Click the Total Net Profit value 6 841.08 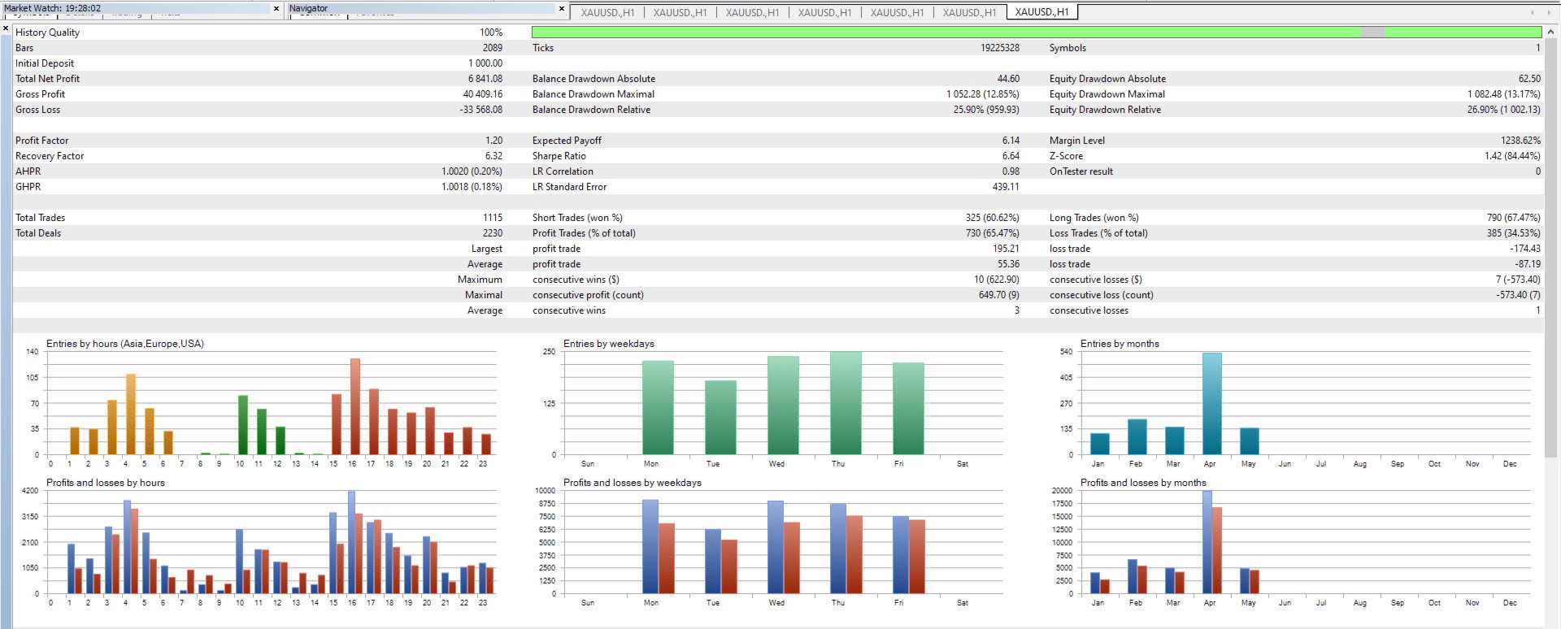pyautogui.click(x=485, y=79)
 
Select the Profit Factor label pyautogui.click(x=42, y=141)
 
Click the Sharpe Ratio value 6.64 pyautogui.click(x=1010, y=156)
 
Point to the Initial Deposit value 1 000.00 pyautogui.click(x=485, y=63)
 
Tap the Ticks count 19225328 pyautogui.click(x=999, y=48)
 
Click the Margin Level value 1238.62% pyautogui.click(x=1520, y=141)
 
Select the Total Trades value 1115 pyautogui.click(x=492, y=218)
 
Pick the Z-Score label pyautogui.click(x=1065, y=156)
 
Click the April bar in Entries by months pyautogui.click(x=1211, y=404)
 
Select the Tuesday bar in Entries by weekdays pyautogui.click(x=720, y=418)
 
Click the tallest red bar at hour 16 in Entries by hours pyautogui.click(x=354, y=406)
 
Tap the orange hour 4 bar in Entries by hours pyautogui.click(x=130, y=414)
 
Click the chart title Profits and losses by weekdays pyautogui.click(x=632, y=483)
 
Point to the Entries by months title pyautogui.click(x=1120, y=344)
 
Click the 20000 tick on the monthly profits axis pyautogui.click(x=1062, y=491)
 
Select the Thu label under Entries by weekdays pyautogui.click(x=837, y=464)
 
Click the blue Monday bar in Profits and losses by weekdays pyautogui.click(x=650, y=546)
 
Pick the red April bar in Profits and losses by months pyautogui.click(x=1217, y=550)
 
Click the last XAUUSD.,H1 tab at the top pyautogui.click(x=1041, y=12)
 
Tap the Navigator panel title pyautogui.click(x=309, y=8)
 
